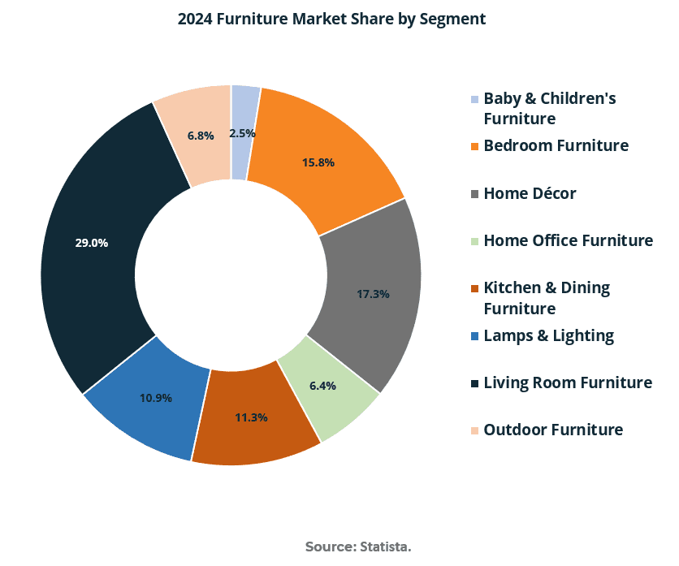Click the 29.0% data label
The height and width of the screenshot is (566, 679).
[x=92, y=242]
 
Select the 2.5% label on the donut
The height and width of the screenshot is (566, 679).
[x=242, y=133]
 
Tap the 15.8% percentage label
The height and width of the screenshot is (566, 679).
[x=318, y=162]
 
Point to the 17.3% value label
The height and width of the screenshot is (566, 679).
[x=373, y=293]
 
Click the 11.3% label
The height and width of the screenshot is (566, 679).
[x=251, y=417]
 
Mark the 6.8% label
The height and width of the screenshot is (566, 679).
[x=201, y=136]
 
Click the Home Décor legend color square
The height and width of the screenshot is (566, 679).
[x=474, y=195]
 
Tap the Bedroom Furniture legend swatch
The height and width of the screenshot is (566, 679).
[x=474, y=147]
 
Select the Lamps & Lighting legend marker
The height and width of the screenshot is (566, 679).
[x=474, y=336]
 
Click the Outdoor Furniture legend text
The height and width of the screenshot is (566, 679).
[x=553, y=430]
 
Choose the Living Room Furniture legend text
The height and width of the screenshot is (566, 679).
[x=568, y=382]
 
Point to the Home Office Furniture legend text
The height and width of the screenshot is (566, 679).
[x=568, y=240]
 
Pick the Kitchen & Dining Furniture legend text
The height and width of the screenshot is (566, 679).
[x=547, y=298]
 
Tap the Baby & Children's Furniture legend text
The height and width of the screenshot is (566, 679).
[x=549, y=108]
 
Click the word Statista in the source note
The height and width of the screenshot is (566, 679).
[x=385, y=547]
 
